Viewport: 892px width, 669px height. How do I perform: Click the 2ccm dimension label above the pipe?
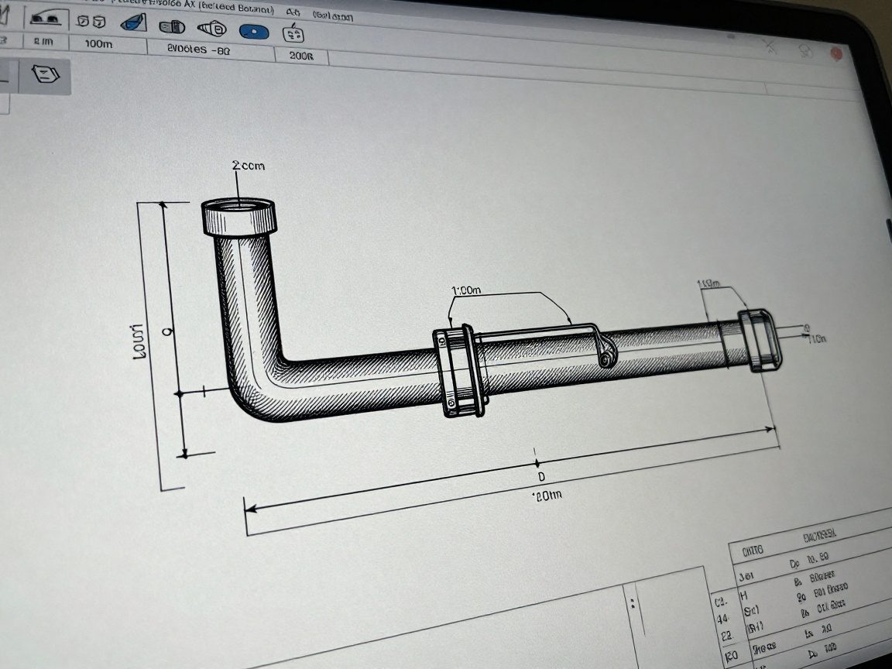tap(247, 166)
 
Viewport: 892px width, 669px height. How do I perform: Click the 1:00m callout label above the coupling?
tap(465, 290)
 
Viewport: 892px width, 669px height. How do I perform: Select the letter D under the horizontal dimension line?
tap(541, 475)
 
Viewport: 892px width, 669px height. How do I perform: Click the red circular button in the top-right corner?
tap(836, 53)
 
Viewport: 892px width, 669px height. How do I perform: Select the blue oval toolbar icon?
tap(253, 32)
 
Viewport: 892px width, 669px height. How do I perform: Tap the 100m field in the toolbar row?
tap(98, 44)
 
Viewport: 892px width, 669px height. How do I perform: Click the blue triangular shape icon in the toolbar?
tap(136, 22)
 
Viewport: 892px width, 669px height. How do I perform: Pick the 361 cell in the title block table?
tap(746, 577)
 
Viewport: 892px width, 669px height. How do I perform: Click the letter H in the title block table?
tap(745, 595)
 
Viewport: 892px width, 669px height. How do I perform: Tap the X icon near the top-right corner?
tap(770, 48)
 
